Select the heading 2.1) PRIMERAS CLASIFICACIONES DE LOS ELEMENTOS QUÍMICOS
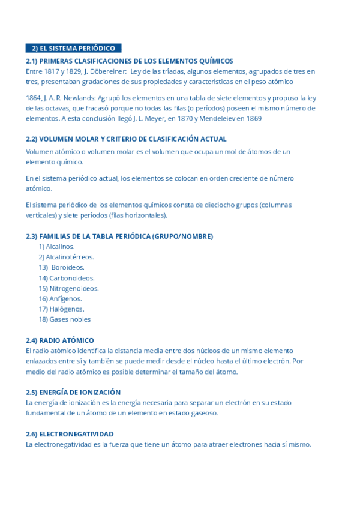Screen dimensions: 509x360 point(129,61)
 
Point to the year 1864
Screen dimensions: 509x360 point(34,98)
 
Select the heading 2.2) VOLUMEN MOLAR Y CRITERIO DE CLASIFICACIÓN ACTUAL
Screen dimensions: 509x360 point(126,139)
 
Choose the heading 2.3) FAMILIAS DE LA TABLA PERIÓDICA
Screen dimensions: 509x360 point(119,236)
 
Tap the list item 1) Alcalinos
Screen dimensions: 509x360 point(57,247)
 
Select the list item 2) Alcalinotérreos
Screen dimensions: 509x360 point(66,257)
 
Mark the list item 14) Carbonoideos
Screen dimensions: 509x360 point(67,278)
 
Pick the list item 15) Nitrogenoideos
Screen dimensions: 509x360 point(68,288)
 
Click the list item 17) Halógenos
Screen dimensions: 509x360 point(61,309)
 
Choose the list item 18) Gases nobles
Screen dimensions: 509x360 point(65,319)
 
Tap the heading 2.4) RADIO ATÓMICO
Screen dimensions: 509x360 point(60,340)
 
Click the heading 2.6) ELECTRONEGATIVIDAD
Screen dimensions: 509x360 point(70,434)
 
